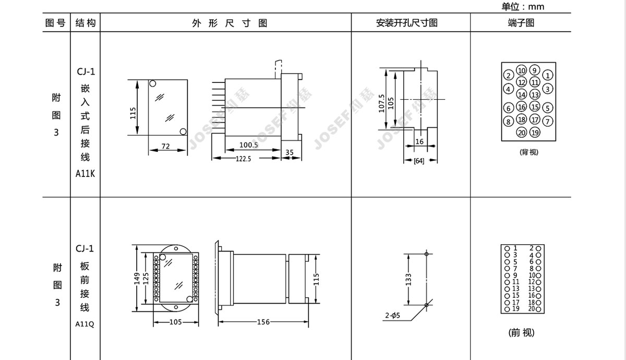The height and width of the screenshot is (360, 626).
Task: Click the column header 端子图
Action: click(521, 22)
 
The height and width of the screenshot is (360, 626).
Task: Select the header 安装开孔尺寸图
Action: click(406, 22)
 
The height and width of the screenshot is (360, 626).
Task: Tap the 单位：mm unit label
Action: click(523, 6)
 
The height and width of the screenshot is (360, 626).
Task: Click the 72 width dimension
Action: click(165, 146)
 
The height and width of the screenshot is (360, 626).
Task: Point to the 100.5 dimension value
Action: click(249, 145)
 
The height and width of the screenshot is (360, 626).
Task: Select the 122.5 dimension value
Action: click(244, 159)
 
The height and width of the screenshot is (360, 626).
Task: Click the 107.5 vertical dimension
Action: click(381, 103)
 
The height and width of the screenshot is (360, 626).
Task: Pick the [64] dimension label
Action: click(419, 161)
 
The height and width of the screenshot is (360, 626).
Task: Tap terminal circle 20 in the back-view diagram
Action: click(522, 133)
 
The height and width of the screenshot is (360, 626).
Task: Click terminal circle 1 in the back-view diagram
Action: click(547, 75)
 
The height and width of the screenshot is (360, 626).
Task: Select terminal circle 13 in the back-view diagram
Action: click(535, 95)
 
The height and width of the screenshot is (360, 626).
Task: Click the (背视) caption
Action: click(529, 152)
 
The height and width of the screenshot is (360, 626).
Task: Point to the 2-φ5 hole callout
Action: click(392, 315)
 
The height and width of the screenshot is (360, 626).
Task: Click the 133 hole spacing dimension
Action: click(408, 280)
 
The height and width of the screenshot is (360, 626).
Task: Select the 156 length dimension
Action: click(263, 322)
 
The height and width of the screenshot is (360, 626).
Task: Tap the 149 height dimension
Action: click(137, 279)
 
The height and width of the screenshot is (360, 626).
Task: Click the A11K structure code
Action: click(85, 174)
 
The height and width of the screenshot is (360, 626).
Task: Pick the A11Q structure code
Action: click(85, 324)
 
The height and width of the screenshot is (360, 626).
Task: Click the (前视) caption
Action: click(521, 333)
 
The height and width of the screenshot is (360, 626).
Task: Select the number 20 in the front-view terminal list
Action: click(531, 308)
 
